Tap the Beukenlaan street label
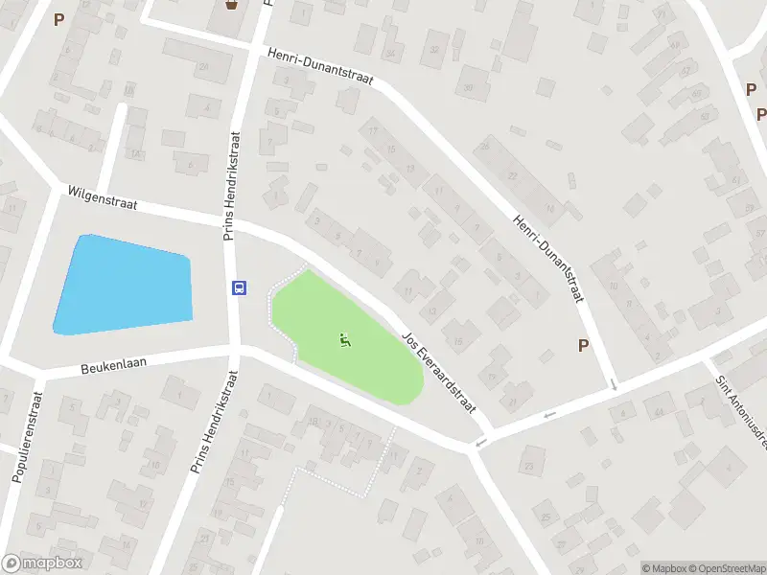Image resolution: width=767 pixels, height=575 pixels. click(113, 366)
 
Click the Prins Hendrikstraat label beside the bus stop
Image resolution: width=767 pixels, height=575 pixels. click(230, 187)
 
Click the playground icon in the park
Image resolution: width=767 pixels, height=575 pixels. click(345, 339)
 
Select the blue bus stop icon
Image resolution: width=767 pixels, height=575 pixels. click(239, 287)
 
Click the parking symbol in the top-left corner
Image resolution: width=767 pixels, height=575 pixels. click(58, 19)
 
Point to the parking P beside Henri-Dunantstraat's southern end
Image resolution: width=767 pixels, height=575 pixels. click(583, 346)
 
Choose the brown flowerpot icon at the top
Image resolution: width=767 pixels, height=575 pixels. click(231, 7)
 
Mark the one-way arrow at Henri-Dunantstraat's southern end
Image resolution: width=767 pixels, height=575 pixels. click(614, 384)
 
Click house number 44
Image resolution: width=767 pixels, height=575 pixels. click(659, 412)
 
